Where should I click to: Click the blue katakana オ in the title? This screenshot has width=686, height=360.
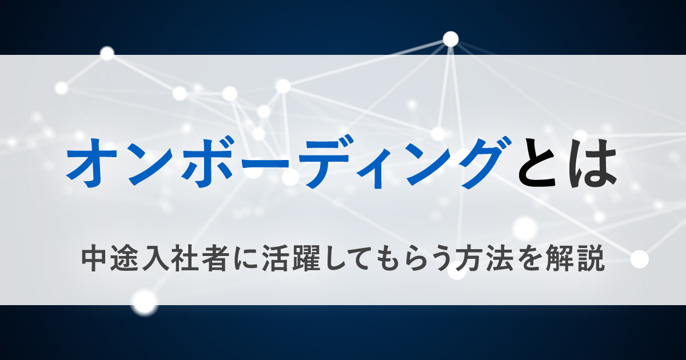92,163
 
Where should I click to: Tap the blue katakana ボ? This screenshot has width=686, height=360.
208,163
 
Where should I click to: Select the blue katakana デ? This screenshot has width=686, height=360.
325,164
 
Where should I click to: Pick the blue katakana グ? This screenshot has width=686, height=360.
487,163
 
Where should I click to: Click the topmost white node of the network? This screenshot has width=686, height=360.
450,39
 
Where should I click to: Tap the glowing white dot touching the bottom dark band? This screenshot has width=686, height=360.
145,302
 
